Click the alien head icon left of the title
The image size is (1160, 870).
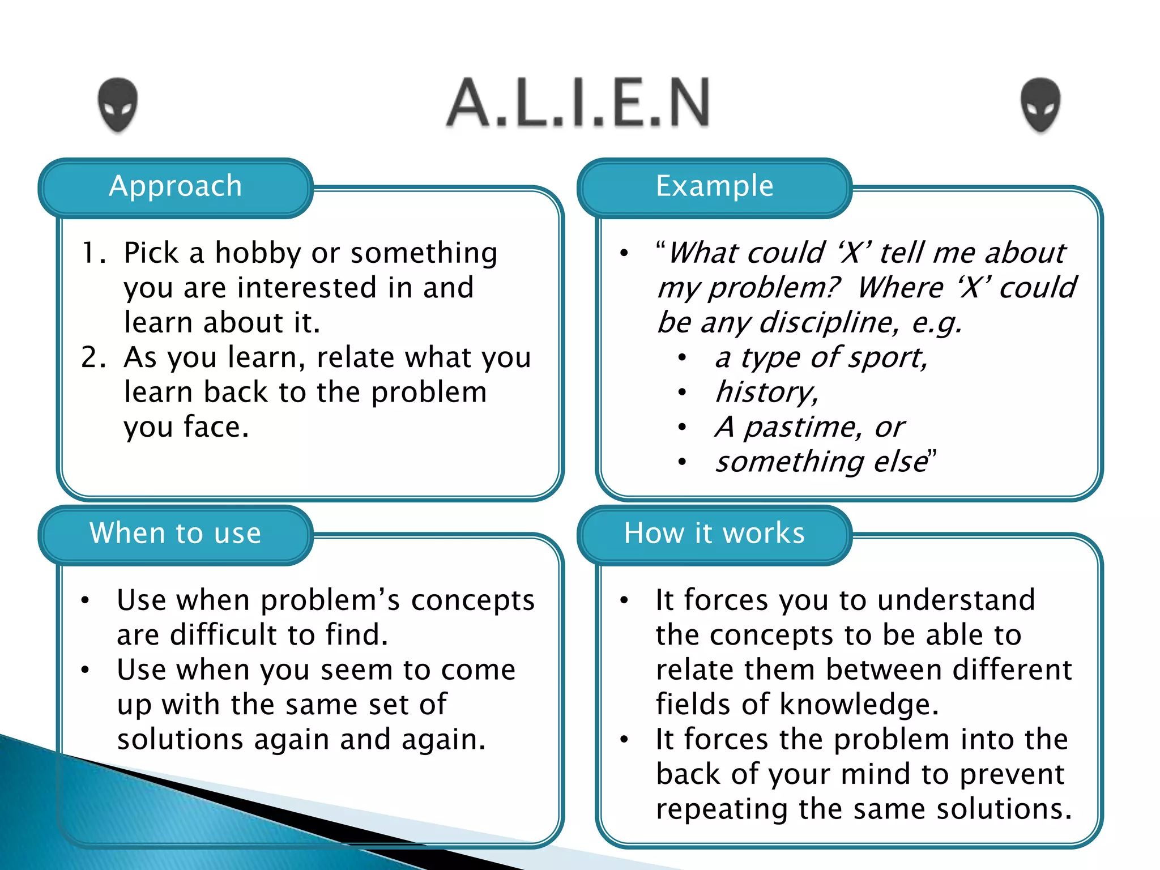[118, 105]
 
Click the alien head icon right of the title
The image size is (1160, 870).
[1040, 105]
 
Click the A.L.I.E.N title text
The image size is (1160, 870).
[578, 103]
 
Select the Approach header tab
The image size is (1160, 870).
[176, 187]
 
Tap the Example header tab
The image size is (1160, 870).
[715, 187]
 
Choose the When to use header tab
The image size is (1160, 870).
[176, 534]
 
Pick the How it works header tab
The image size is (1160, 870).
[715, 534]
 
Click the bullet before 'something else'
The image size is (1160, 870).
[683, 462]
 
